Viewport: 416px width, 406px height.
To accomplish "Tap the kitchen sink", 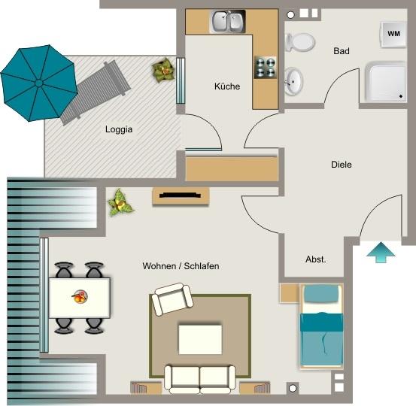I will [x=227, y=22].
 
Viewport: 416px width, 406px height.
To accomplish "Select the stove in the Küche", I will [x=266, y=68].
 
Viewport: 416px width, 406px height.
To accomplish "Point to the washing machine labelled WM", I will [x=393, y=33].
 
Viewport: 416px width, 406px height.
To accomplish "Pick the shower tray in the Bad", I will [x=385, y=82].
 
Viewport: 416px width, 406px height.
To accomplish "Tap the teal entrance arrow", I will [x=381, y=252].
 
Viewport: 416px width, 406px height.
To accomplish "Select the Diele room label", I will [x=341, y=165].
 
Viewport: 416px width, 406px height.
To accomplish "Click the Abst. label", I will [x=315, y=259].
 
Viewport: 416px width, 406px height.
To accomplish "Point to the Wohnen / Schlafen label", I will [x=181, y=266].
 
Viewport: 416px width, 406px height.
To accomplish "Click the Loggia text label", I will [x=119, y=129].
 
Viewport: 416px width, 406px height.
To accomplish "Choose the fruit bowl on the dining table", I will [x=80, y=296].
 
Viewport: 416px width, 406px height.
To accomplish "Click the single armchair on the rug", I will [x=172, y=300].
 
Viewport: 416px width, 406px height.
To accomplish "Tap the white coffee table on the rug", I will [x=200, y=338].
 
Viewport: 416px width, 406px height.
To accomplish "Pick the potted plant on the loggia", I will [x=162, y=71].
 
